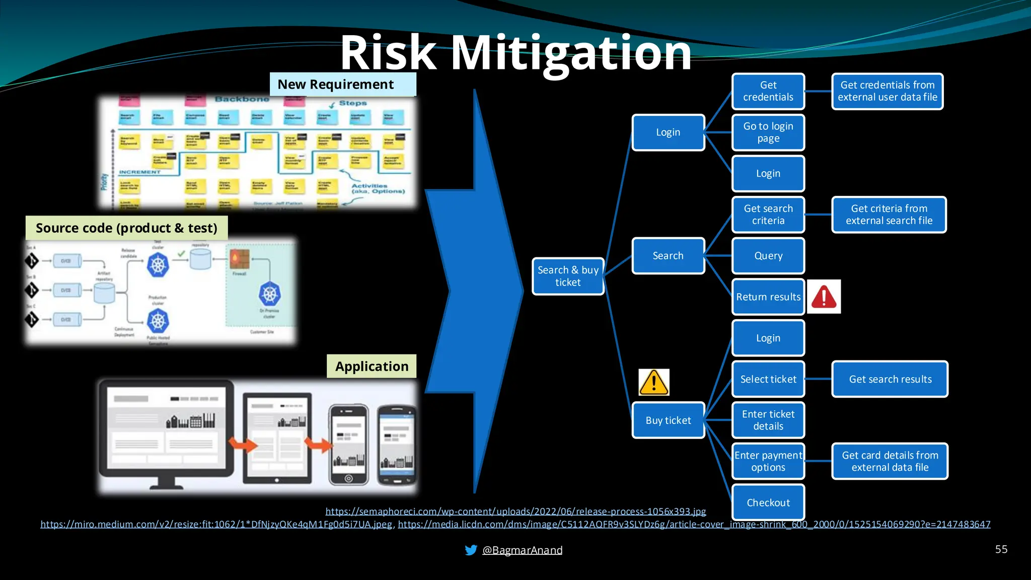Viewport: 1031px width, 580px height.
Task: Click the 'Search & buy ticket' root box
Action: click(x=568, y=276)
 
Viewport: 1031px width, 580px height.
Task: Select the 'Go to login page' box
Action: click(x=768, y=132)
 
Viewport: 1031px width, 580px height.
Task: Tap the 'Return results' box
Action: click(x=768, y=297)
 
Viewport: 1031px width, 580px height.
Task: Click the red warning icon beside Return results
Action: click(x=824, y=297)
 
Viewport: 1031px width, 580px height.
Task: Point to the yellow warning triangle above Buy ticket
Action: click(x=653, y=382)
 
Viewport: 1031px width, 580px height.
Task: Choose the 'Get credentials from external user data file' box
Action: click(x=887, y=91)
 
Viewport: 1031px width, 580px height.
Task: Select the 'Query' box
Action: click(x=768, y=256)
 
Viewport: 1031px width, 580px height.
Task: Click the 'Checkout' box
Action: click(x=768, y=502)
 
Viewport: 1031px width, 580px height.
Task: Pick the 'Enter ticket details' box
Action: click(x=768, y=420)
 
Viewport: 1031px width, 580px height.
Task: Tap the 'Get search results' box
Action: click(x=890, y=379)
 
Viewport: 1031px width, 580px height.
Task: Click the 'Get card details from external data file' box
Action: click(x=890, y=461)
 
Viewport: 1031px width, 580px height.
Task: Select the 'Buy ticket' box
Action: click(x=668, y=420)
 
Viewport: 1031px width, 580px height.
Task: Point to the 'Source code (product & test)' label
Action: click(x=126, y=228)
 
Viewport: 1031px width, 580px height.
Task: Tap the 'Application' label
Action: click(x=372, y=366)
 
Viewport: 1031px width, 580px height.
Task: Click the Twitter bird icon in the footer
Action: click(x=471, y=550)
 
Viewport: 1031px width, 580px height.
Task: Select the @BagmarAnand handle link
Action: click(x=522, y=550)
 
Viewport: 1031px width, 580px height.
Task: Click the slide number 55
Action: click(x=1001, y=549)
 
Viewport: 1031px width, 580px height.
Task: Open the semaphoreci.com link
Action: click(x=515, y=512)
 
